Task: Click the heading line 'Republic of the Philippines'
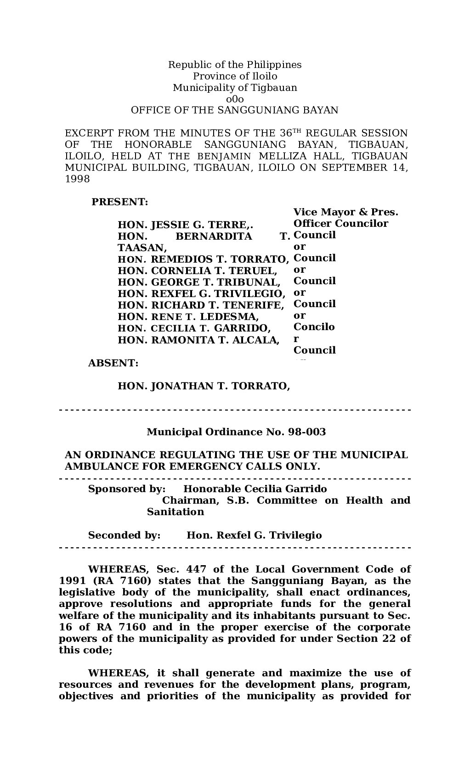click(x=235, y=65)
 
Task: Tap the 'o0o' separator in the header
click(x=235, y=99)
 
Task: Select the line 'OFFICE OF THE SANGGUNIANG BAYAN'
click(x=235, y=111)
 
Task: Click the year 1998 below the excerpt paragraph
click(x=77, y=179)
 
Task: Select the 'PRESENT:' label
click(x=120, y=202)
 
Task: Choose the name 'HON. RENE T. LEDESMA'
click(x=188, y=317)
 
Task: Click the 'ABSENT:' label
click(x=113, y=363)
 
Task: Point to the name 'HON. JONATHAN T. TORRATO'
click(x=204, y=386)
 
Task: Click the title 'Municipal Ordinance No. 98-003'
click(x=236, y=432)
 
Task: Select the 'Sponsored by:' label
click(x=127, y=489)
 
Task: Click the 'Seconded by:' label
click(x=124, y=535)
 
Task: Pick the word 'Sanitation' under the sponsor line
click(x=176, y=512)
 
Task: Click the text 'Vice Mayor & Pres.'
click(x=345, y=212)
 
